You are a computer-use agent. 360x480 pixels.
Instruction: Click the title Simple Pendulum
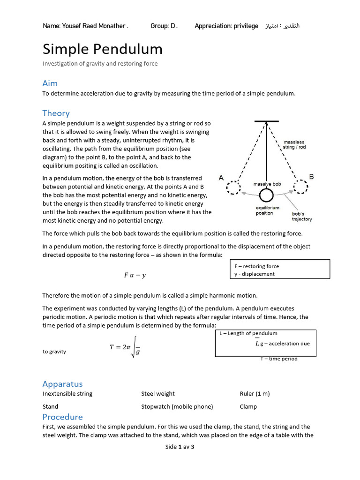(x=103, y=49)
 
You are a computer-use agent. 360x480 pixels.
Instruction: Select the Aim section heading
(x=50, y=83)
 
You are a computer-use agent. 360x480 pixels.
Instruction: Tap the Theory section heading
(x=56, y=113)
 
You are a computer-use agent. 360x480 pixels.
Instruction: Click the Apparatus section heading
(x=62, y=383)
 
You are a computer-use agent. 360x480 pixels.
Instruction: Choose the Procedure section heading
(x=62, y=417)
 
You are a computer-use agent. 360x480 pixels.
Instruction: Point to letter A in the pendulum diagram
(x=221, y=178)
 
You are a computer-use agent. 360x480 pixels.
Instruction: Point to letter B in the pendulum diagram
(x=311, y=177)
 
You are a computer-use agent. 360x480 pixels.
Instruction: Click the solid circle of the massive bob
(x=266, y=195)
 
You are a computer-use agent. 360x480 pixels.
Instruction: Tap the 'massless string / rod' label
(x=294, y=144)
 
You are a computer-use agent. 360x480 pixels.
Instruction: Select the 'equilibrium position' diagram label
(x=268, y=210)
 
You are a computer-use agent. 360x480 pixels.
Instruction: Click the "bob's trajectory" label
(x=302, y=216)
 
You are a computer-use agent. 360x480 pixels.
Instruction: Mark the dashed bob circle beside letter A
(x=233, y=187)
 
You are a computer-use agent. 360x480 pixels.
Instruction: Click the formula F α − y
(x=135, y=275)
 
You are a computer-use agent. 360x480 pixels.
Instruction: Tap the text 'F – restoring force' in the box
(x=256, y=266)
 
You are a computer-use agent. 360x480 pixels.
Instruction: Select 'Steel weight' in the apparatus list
(x=158, y=394)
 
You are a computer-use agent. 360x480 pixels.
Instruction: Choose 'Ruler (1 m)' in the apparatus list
(x=255, y=394)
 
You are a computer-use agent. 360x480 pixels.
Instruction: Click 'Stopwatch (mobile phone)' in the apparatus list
(x=177, y=406)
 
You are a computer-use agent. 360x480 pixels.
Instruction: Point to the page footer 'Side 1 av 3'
(x=180, y=447)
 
